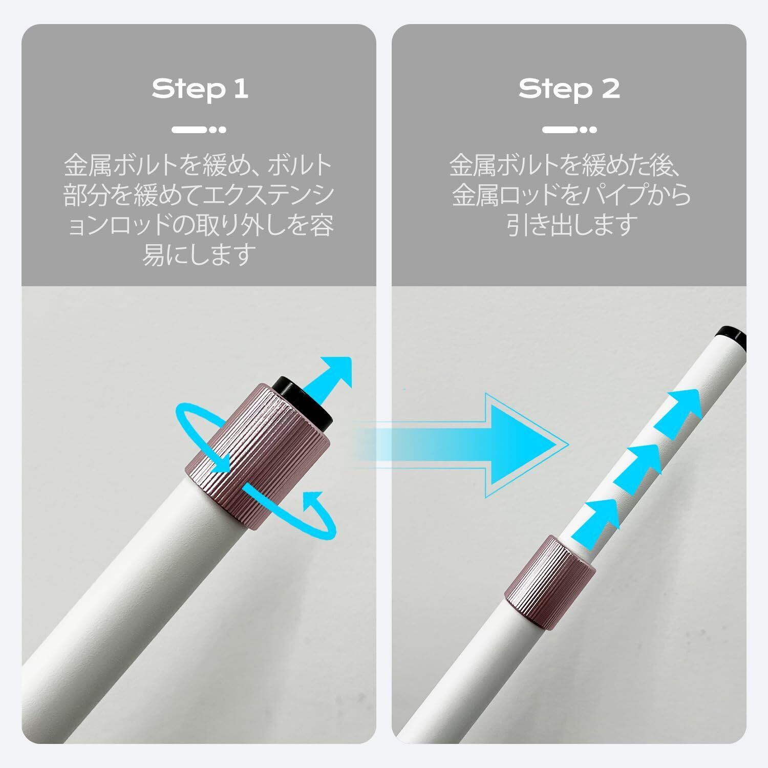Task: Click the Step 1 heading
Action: click(200, 89)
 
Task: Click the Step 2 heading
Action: click(569, 89)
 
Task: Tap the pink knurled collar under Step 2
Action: click(550, 577)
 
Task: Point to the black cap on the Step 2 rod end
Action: click(733, 335)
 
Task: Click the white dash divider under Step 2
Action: click(569, 130)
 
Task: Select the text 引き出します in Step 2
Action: click(572, 225)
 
